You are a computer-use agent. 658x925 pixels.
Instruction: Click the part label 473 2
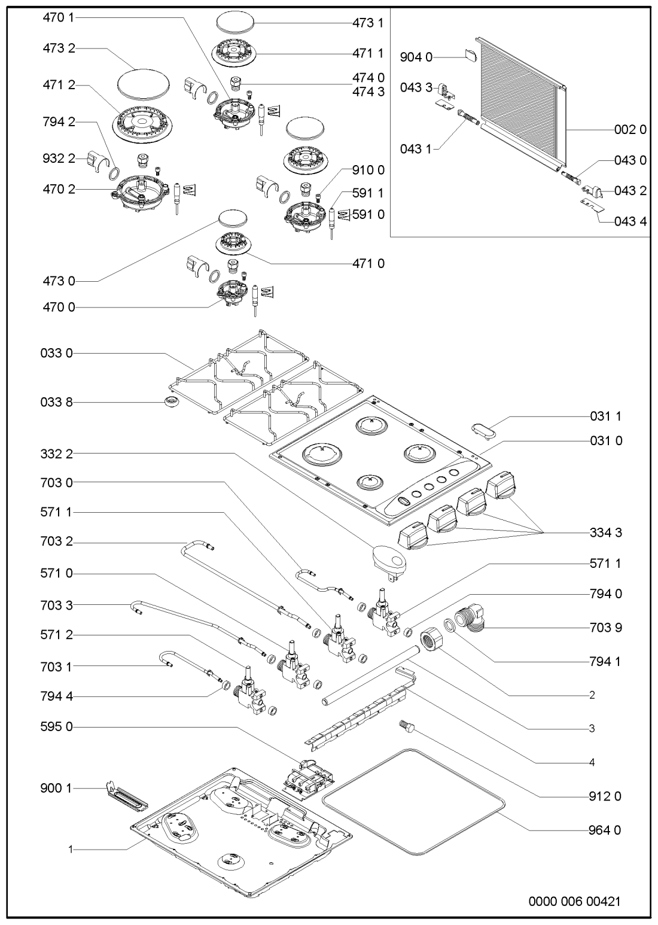[59, 48]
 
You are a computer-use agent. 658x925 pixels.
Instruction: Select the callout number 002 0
[630, 130]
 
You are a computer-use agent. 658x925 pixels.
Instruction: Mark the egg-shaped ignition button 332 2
[389, 561]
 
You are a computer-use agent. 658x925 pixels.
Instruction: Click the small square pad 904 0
[471, 57]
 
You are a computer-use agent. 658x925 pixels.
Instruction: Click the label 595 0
[59, 727]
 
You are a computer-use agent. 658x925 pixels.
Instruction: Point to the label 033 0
[59, 354]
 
